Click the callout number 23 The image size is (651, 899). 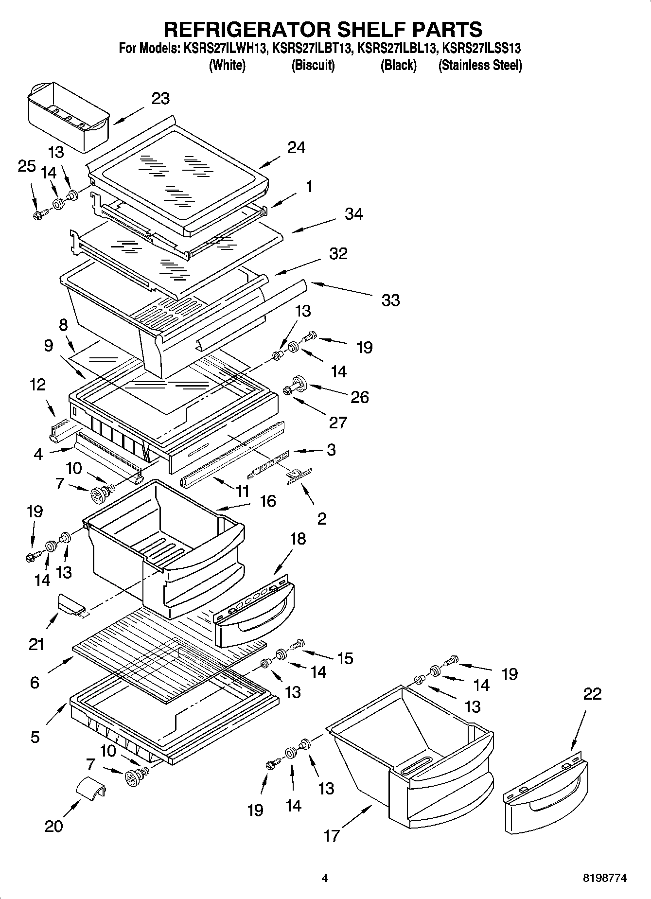(160, 98)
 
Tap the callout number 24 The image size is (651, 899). (296, 147)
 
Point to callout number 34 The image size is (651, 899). (353, 214)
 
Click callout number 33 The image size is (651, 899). (390, 300)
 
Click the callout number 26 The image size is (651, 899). (360, 397)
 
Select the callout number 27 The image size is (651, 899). (338, 422)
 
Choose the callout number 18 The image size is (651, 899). (298, 539)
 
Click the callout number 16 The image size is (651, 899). (268, 501)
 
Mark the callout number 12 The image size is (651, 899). (37, 385)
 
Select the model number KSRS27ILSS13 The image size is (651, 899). (481, 49)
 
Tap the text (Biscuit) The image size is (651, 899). (313, 65)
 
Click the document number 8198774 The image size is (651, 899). (605, 878)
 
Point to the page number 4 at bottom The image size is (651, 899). (325, 878)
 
